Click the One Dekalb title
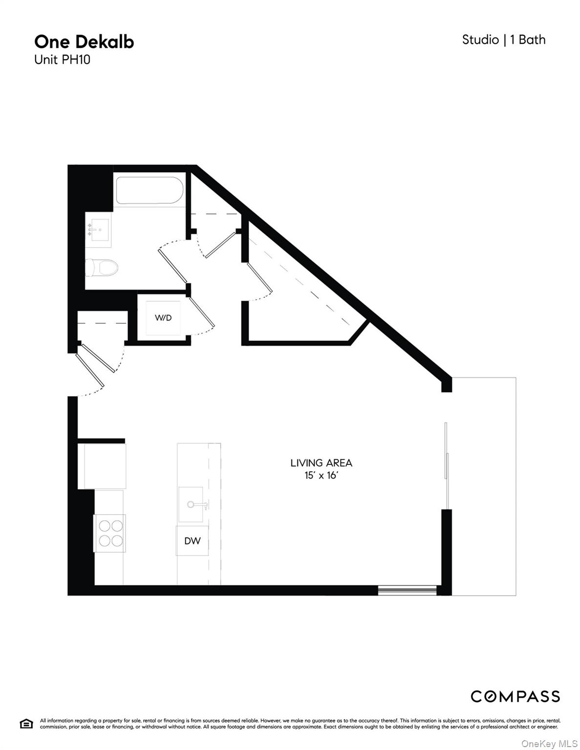pos(84,42)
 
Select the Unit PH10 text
pos(62,60)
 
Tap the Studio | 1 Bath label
pos(504,40)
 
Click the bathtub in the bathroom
pos(150,191)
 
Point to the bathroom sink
pos(99,229)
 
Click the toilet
pos(102,268)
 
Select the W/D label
pos(163,318)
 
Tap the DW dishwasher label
pos(192,541)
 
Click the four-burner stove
pos(110,533)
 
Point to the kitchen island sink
pos(193,504)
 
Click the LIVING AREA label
pos(321,463)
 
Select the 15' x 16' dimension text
pos(321,476)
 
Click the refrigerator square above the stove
pos(102,466)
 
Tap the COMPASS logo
pos(515,696)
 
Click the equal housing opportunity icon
pos(26,724)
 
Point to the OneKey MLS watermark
pos(549,744)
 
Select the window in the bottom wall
pos(407,591)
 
